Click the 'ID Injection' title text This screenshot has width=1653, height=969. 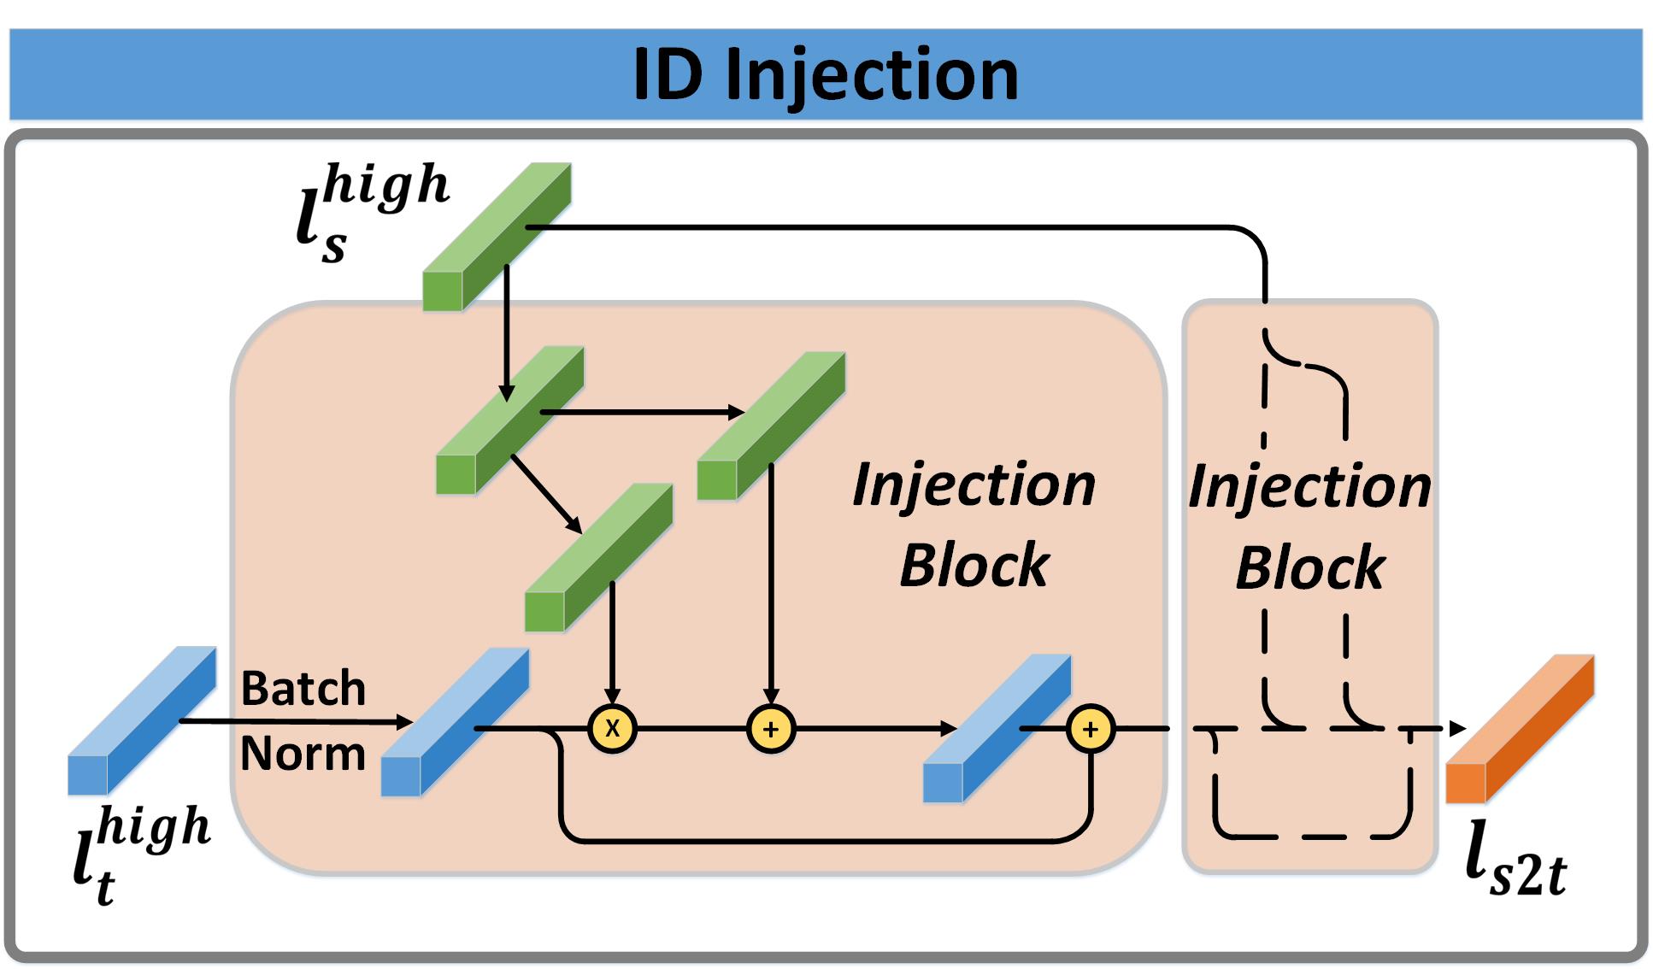(x=826, y=75)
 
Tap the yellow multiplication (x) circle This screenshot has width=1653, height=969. (x=612, y=729)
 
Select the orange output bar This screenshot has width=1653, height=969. (x=1519, y=729)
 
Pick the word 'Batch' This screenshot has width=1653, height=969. (x=303, y=689)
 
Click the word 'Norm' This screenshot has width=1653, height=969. (x=303, y=754)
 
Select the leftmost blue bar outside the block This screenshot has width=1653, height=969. (x=142, y=720)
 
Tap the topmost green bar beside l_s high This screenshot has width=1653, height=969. (x=497, y=236)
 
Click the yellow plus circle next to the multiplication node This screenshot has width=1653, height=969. (x=771, y=729)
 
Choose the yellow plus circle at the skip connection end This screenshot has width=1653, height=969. (x=1091, y=729)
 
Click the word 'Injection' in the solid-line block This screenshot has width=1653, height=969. (x=974, y=485)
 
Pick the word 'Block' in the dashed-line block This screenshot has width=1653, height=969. (x=1309, y=568)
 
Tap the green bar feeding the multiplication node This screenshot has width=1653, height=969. (x=598, y=557)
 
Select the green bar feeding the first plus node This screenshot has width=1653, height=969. (x=771, y=426)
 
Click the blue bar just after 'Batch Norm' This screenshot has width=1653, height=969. (x=455, y=722)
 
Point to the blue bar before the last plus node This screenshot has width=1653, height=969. (x=997, y=728)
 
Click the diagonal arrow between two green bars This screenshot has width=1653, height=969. (x=546, y=492)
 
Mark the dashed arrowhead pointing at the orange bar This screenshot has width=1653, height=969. (x=1458, y=729)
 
